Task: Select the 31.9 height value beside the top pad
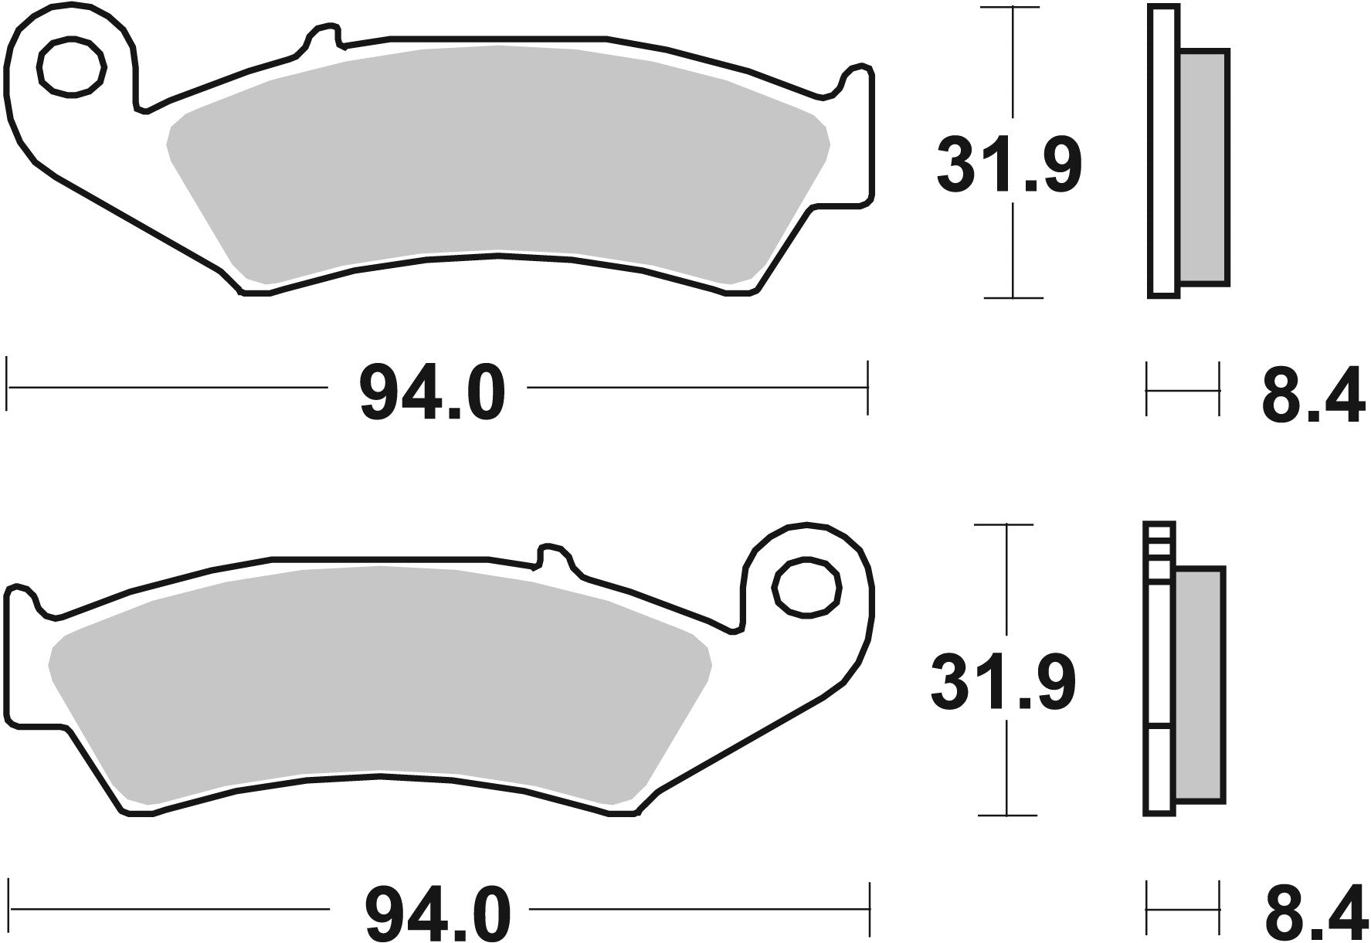click(x=1009, y=165)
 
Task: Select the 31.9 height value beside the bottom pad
click(x=1003, y=683)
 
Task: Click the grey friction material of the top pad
click(x=494, y=154)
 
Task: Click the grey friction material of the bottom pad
click(x=378, y=672)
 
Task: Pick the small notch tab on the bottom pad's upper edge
click(x=552, y=555)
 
